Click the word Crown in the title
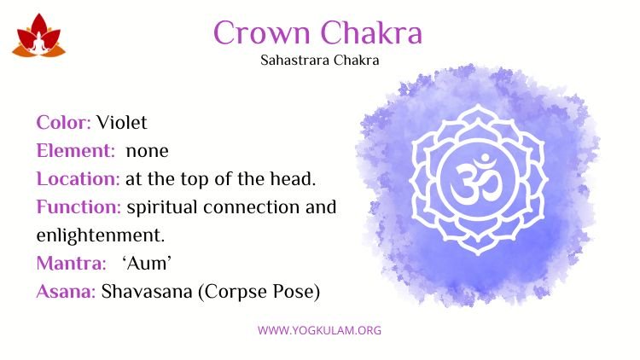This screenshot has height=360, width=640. pyautogui.click(x=262, y=32)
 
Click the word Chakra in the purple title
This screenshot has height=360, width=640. pyautogui.click(x=371, y=32)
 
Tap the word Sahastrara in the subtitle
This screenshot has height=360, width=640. pyautogui.click(x=295, y=61)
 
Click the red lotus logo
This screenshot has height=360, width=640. pyautogui.click(x=38, y=35)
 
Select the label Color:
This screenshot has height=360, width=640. pyautogui.click(x=64, y=123)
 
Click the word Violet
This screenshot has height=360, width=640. pyautogui.click(x=122, y=123)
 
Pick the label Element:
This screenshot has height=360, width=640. pyautogui.click(x=76, y=151)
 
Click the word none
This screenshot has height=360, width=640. pyautogui.click(x=148, y=152)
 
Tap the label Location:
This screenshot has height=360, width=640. pyautogui.click(x=78, y=179)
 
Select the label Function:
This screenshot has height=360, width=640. pyautogui.click(x=79, y=207)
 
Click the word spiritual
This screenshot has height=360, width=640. pyautogui.click(x=162, y=208)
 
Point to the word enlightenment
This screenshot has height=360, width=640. pyautogui.click(x=101, y=236)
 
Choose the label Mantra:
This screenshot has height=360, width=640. pyautogui.click(x=72, y=264)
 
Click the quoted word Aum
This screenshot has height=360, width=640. pyautogui.click(x=147, y=264)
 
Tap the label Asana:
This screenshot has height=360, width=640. pyautogui.click(x=66, y=292)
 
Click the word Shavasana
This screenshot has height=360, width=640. pyautogui.click(x=147, y=292)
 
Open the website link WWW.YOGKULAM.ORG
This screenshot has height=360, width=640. pyautogui.click(x=320, y=330)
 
